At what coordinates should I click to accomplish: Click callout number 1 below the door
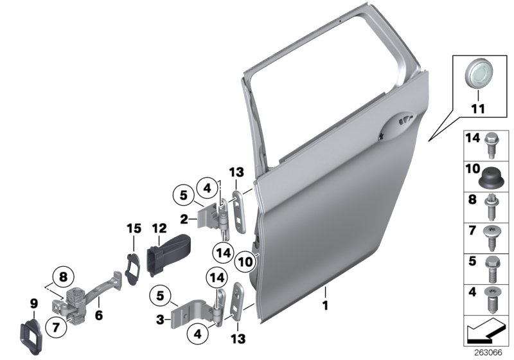(x=325, y=303)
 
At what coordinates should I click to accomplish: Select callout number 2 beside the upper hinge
(x=184, y=219)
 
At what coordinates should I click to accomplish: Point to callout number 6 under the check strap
(x=98, y=316)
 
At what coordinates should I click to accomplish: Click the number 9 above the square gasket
(x=34, y=303)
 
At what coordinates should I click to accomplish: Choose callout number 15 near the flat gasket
(x=133, y=228)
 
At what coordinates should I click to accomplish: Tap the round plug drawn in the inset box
(x=477, y=71)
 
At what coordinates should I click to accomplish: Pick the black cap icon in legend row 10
(x=492, y=175)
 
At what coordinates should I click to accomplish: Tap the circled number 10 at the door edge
(x=245, y=261)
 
